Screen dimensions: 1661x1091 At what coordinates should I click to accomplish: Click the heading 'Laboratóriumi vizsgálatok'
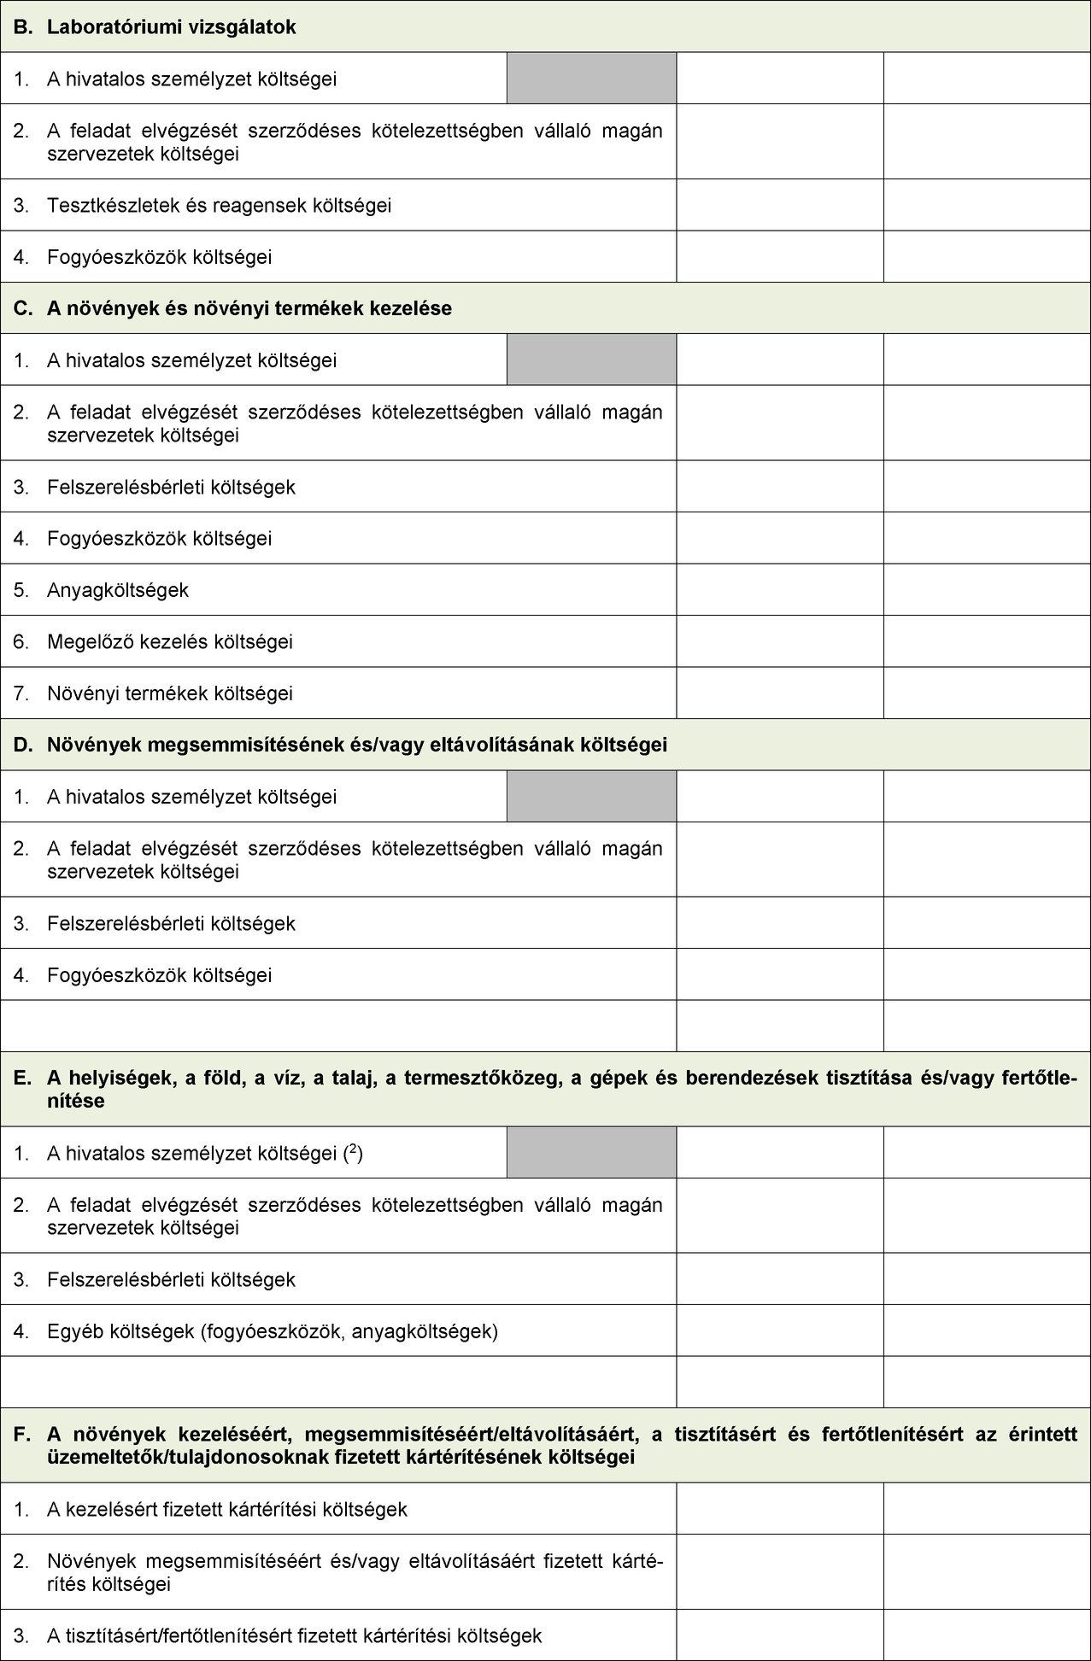pos(171,27)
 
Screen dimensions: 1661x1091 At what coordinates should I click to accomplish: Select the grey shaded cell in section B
pos(591,79)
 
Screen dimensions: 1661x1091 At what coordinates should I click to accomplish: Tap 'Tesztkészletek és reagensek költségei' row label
pos(220,206)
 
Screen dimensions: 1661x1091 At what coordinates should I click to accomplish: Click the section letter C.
pos(21,308)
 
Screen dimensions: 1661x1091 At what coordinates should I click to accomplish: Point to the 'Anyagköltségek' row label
pos(118,590)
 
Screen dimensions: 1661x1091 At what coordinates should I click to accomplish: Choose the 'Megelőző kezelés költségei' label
pos(170,641)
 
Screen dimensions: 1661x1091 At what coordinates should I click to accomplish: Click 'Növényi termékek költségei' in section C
pos(170,693)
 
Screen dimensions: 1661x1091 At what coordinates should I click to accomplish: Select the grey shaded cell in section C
pos(591,360)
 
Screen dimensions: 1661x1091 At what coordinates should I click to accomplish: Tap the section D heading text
pos(357,745)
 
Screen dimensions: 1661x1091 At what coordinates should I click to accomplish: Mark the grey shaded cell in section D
pos(591,796)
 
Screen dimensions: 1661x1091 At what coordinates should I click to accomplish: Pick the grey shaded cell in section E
pos(591,1152)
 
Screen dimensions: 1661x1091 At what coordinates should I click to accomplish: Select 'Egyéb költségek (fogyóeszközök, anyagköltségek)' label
pos(273,1331)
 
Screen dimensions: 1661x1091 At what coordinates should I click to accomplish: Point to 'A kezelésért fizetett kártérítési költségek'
pos(227,1509)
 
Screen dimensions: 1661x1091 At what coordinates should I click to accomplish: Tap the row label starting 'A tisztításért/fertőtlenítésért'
pos(295,1636)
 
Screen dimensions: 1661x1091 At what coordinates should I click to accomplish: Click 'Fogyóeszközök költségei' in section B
pos(160,257)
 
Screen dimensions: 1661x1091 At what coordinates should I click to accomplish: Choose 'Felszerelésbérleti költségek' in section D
pos(172,924)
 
